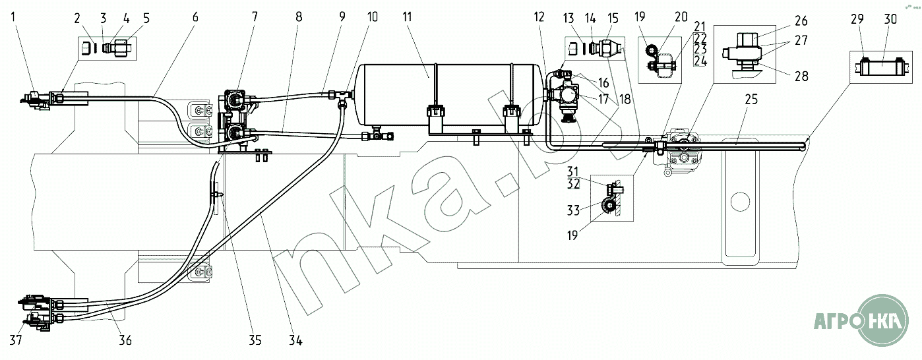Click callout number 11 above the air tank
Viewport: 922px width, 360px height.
407,17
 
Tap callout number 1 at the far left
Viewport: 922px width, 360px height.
14,17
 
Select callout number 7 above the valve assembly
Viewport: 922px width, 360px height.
255,17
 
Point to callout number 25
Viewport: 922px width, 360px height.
751,99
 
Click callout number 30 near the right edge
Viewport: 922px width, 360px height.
890,19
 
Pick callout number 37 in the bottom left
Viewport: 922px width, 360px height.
16,340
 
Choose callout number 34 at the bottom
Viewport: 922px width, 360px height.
295,341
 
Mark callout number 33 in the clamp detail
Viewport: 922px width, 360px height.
573,210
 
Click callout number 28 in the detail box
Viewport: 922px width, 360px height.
801,76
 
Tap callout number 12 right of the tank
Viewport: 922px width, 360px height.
539,17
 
